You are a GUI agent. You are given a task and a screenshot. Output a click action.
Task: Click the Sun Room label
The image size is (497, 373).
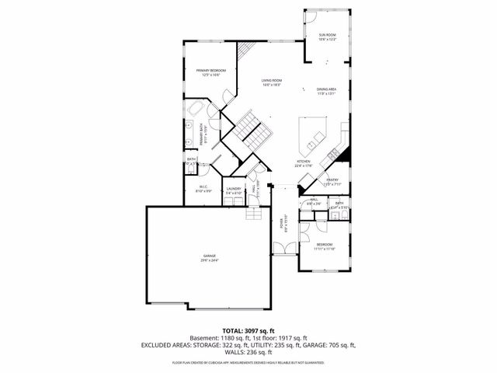point(327,36)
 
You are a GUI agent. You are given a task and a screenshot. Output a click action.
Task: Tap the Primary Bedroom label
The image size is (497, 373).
point(210,70)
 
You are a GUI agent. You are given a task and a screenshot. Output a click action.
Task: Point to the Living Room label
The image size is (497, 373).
point(271,81)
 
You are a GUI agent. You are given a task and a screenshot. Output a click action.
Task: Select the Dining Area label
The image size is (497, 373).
point(326,90)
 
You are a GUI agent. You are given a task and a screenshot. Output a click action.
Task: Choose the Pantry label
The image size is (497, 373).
point(332,180)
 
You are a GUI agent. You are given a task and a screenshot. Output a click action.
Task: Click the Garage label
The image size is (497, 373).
point(210,256)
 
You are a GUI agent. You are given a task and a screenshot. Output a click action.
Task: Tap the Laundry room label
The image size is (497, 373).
point(233,188)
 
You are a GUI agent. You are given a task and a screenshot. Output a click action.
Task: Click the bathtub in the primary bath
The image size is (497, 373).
point(195,106)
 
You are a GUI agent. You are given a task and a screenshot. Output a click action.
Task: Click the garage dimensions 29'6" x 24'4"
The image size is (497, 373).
point(210,260)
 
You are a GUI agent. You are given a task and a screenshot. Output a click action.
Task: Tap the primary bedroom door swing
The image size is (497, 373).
point(224,97)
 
